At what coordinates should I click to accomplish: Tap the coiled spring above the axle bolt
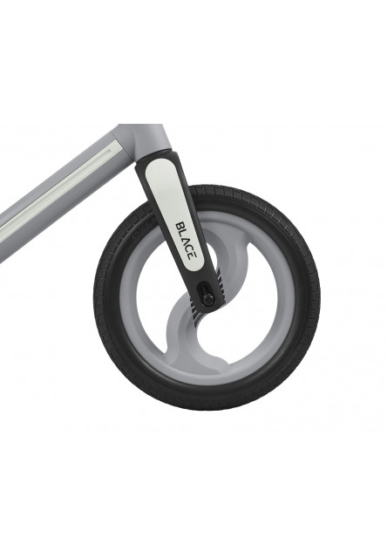pyautogui.click(x=205, y=289)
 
